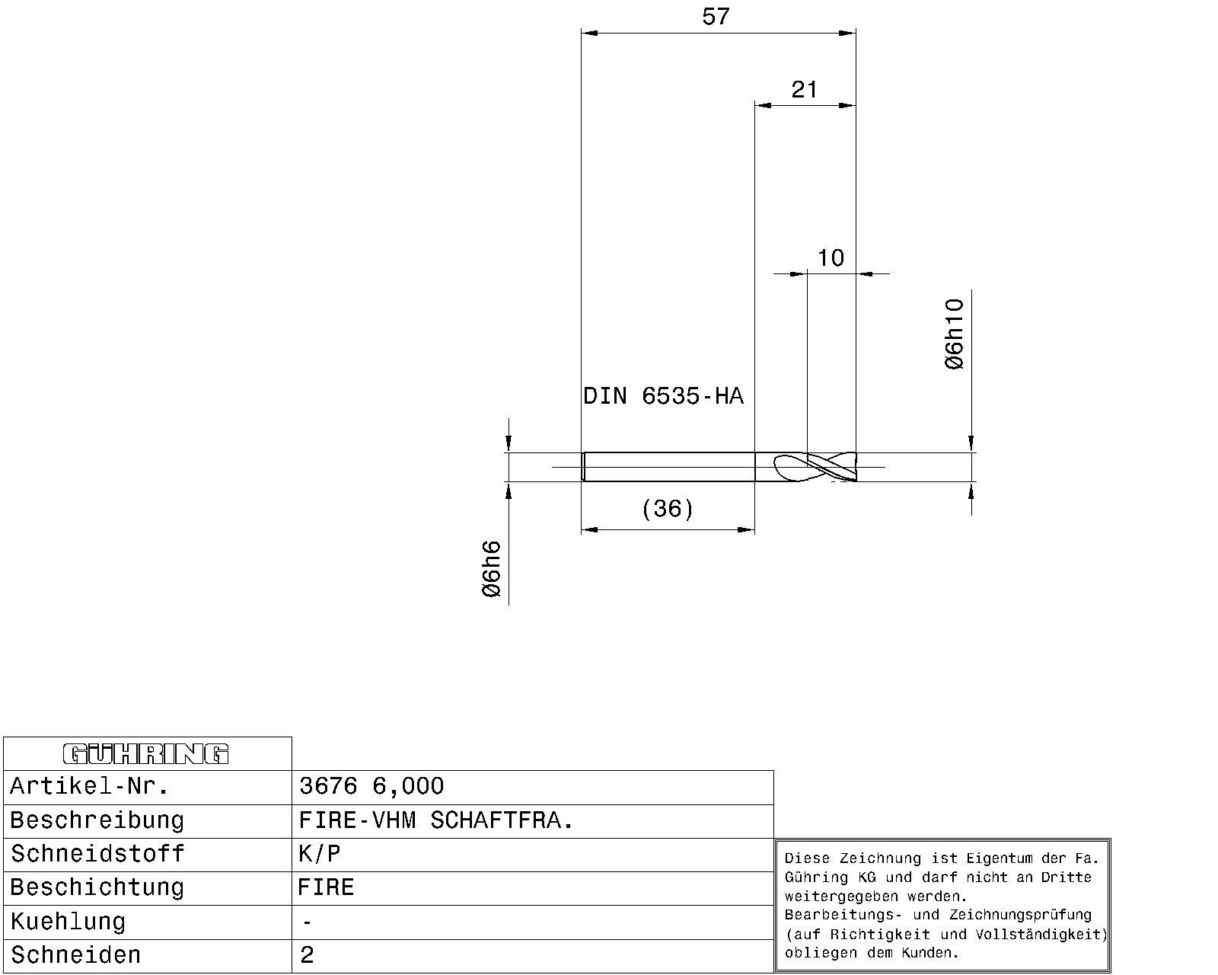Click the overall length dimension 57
pyautogui.click(x=716, y=17)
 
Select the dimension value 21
pyautogui.click(x=805, y=90)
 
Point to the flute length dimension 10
pyautogui.click(x=831, y=258)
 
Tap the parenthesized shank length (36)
pyautogui.click(x=668, y=508)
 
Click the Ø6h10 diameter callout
pyautogui.click(x=955, y=334)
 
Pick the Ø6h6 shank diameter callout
pyautogui.click(x=491, y=569)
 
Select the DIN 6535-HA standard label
pyautogui.click(x=663, y=395)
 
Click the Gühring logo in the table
pyautogui.click(x=145, y=754)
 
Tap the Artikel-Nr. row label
pyautogui.click(x=89, y=786)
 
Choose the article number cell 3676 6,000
pyautogui.click(x=371, y=786)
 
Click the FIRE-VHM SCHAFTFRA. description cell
pyautogui.click(x=435, y=820)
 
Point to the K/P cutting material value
pyautogui.click(x=319, y=854)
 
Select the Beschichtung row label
pyautogui.click(x=97, y=887)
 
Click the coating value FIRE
pyautogui.click(x=326, y=887)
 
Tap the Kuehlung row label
pyautogui.click(x=68, y=922)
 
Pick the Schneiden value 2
pyautogui.click(x=307, y=955)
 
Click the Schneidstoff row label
pyautogui.click(x=97, y=854)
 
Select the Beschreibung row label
pyautogui.click(x=97, y=820)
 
